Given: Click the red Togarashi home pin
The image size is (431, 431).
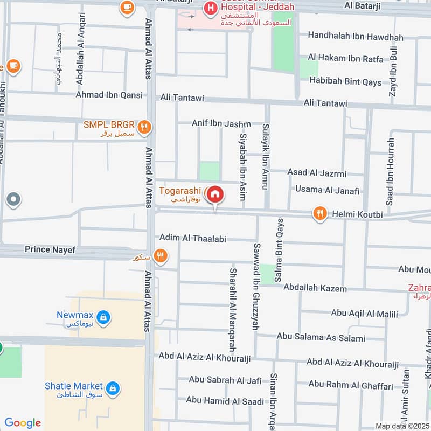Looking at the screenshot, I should (x=215, y=194).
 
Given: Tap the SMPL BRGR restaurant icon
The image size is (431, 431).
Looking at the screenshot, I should (x=144, y=128).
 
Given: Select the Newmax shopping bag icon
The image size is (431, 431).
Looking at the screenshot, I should (x=104, y=318).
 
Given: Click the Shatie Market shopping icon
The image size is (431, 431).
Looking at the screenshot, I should (x=113, y=388).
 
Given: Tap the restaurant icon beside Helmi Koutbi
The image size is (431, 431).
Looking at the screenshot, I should (x=320, y=214).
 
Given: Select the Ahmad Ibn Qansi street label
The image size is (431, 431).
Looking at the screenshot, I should (x=109, y=95).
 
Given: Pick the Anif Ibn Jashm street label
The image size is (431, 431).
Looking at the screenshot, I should (x=221, y=123).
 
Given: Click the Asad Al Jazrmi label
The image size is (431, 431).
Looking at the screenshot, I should (x=317, y=173).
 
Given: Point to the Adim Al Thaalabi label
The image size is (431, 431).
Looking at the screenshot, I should (x=193, y=238).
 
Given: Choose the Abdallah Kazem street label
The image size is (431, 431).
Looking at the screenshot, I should (x=315, y=288).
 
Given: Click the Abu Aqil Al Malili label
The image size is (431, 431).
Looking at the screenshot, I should (x=364, y=314).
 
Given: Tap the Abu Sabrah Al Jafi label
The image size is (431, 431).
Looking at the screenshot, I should (x=225, y=380).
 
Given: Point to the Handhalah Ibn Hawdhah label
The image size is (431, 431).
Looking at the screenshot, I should (x=356, y=37).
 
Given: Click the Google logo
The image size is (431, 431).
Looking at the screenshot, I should (x=23, y=423).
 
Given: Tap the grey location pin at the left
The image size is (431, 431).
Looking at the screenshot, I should (x=13, y=200).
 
